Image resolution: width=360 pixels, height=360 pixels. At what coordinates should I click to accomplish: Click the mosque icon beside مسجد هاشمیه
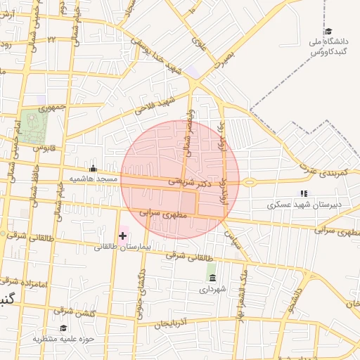click(94, 168)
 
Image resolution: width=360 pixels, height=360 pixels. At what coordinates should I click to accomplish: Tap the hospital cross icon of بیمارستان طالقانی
click(123, 235)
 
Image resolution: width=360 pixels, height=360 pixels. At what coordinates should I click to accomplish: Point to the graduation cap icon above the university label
click(328, 31)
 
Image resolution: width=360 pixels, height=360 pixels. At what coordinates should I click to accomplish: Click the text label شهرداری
click(212, 288)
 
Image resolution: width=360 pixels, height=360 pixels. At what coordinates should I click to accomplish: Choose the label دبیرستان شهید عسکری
click(303, 205)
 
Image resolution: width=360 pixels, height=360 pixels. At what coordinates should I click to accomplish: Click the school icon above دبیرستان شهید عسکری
click(304, 193)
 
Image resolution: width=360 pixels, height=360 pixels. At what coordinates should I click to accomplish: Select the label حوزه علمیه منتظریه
click(63, 339)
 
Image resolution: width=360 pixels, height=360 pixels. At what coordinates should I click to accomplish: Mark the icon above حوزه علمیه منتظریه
click(63, 328)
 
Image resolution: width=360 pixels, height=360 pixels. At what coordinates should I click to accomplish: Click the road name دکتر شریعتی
click(190, 181)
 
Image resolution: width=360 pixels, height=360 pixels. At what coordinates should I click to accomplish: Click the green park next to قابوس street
click(33, 127)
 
